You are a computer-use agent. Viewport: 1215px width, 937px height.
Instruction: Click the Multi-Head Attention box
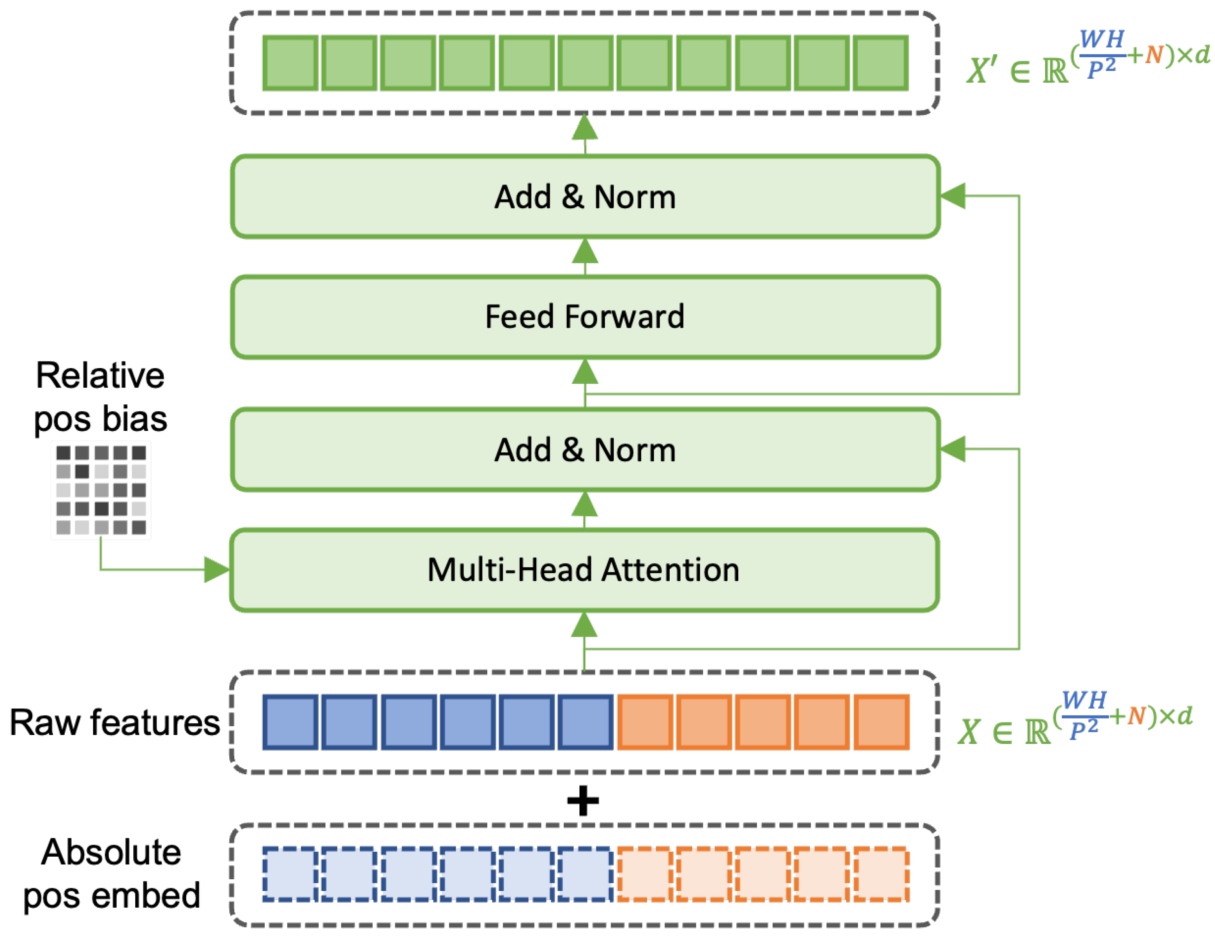[584, 570]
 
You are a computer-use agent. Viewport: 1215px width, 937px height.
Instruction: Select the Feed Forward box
[584, 317]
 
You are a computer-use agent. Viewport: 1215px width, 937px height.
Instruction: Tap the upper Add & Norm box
[584, 197]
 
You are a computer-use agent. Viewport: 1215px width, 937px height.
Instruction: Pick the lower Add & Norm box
[584, 450]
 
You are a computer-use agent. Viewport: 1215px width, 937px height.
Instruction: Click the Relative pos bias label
[100, 397]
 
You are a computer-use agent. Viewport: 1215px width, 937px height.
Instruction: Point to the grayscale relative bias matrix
[101, 490]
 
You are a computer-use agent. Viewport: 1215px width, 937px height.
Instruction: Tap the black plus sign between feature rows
[582, 801]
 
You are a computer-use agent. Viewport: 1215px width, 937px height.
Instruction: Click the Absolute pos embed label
[111, 873]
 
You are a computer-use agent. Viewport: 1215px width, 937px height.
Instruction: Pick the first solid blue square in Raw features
[290, 722]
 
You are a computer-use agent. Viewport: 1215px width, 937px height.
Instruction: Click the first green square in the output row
[290, 63]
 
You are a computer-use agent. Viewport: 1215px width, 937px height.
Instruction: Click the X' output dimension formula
[1088, 58]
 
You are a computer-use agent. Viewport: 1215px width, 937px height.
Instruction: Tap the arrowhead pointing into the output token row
[585, 128]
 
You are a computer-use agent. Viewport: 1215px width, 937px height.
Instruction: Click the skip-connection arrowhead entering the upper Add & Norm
[953, 196]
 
